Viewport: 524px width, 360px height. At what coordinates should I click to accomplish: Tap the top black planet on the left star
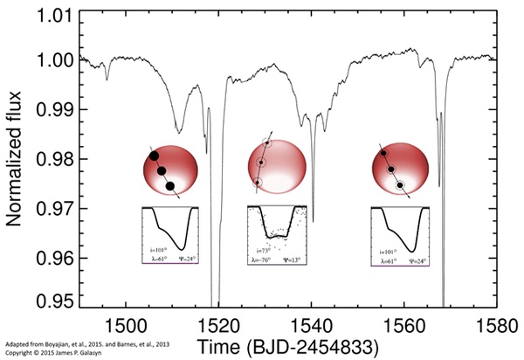point(154,156)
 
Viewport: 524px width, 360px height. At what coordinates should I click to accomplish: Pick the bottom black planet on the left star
point(169,185)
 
